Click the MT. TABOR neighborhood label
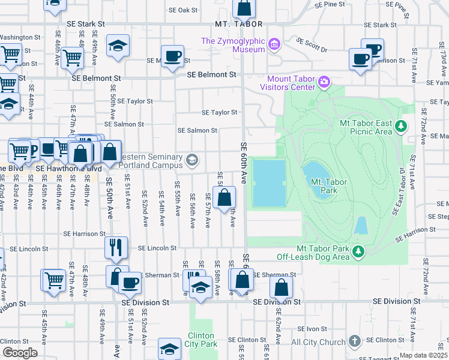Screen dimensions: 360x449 pyautogui.click(x=239, y=24)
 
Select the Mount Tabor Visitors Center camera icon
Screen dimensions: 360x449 pyautogui.click(x=325, y=81)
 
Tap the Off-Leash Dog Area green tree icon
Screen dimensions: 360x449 pyautogui.click(x=358, y=250)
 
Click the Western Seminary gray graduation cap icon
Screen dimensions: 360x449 pyautogui.click(x=192, y=160)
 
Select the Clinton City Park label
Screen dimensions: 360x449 pyautogui.click(x=200, y=340)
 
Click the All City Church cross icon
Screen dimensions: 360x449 pyautogui.click(x=354, y=341)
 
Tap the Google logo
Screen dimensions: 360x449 pyautogui.click(x=20, y=353)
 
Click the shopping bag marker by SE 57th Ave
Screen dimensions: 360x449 pyautogui.click(x=224, y=197)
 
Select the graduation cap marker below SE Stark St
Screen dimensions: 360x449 pyautogui.click(x=118, y=45)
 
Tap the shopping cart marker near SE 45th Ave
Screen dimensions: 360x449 pyautogui.click(x=53, y=279)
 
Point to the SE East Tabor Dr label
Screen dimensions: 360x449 pyautogui.click(x=402, y=191)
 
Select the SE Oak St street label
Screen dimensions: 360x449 pyautogui.click(x=183, y=10)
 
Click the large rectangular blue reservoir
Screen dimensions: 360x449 pyautogui.click(x=268, y=182)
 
